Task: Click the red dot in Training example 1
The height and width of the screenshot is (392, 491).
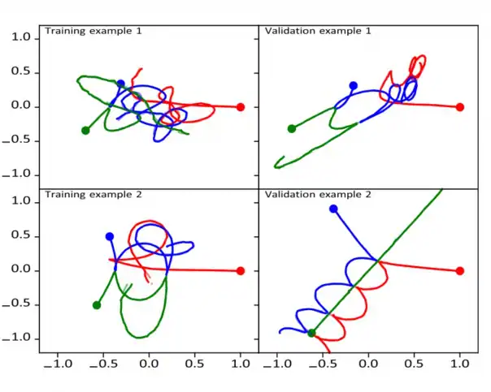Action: pyautogui.click(x=241, y=107)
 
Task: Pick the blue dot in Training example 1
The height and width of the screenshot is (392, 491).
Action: pyautogui.click(x=120, y=84)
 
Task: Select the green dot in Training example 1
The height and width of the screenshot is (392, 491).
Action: pyautogui.click(x=85, y=130)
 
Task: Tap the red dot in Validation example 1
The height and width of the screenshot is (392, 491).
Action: pyautogui.click(x=460, y=107)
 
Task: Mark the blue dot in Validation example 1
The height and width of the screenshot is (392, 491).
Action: pyautogui.click(x=353, y=85)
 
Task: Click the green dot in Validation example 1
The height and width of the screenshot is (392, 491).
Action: pyautogui.click(x=292, y=128)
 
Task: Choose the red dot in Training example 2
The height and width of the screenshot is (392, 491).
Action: pyautogui.click(x=241, y=271)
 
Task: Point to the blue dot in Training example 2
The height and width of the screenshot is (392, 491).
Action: pyautogui.click(x=110, y=236)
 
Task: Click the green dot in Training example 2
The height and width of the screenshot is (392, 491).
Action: pyautogui.click(x=97, y=305)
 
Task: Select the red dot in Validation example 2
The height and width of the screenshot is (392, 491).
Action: pyautogui.click(x=460, y=271)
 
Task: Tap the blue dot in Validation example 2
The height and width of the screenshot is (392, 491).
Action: pyautogui.click(x=333, y=209)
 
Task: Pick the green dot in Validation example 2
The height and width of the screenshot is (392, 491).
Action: pyautogui.click(x=311, y=333)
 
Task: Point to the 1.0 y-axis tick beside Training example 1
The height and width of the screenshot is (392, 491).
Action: pyautogui.click(x=22, y=38)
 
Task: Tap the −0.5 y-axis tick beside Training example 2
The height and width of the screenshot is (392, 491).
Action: pyautogui.click(x=18, y=304)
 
